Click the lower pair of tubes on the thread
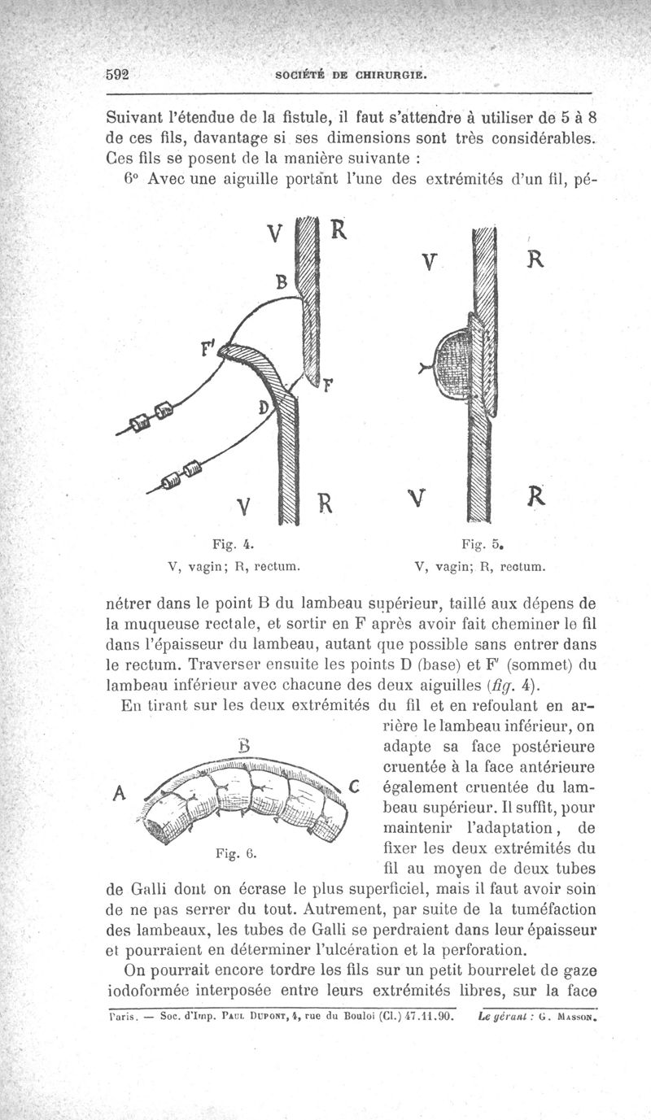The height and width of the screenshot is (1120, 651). tap(180, 476)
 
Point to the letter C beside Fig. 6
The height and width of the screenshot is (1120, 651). tap(354, 785)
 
